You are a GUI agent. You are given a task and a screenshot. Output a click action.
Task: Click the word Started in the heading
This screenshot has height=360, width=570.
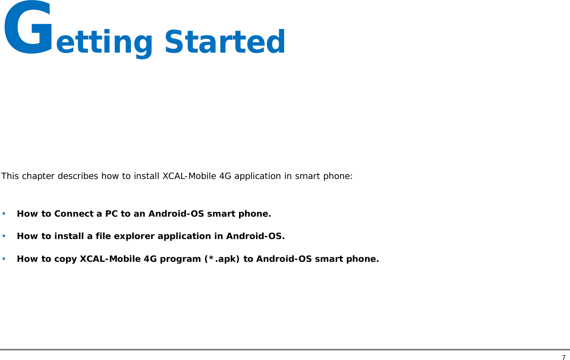[225, 42]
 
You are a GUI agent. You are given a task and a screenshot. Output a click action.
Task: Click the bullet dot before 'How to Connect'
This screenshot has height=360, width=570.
[4, 214]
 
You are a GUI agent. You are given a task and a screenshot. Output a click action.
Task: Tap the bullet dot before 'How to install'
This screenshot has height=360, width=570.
[4, 236]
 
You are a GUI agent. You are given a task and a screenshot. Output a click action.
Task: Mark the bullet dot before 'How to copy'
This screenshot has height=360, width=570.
[4, 259]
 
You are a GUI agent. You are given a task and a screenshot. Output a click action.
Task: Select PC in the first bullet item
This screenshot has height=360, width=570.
[111, 214]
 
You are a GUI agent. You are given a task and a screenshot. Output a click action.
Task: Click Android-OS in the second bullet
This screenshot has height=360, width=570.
[254, 236]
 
